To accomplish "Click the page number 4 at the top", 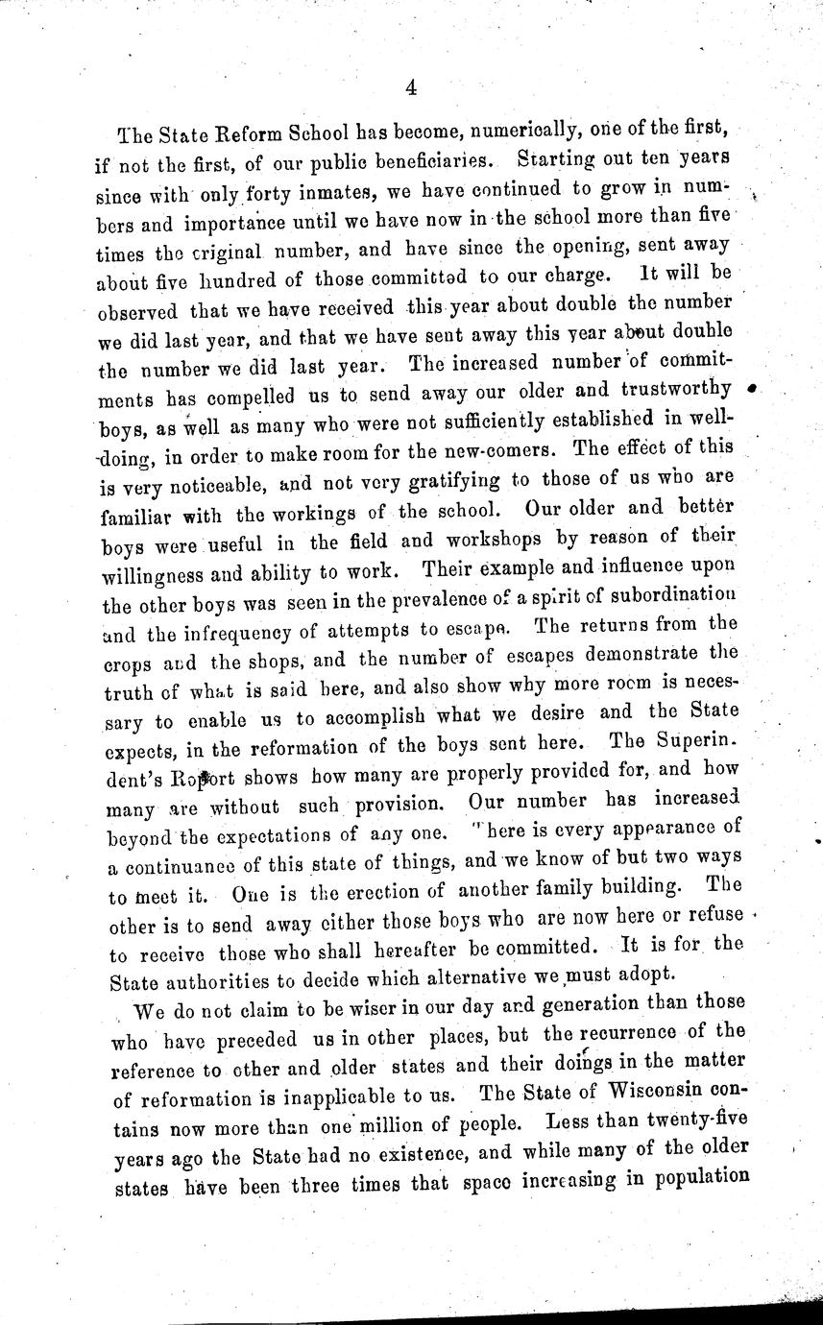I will point(410,88).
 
